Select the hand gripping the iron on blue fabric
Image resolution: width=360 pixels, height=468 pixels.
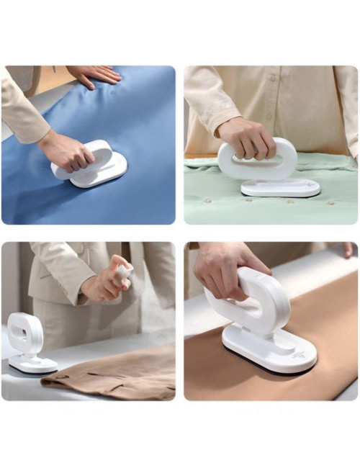click(x=65, y=150)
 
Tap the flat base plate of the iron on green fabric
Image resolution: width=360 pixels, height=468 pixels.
click(x=280, y=189)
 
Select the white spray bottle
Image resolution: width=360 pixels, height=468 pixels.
click(x=123, y=273)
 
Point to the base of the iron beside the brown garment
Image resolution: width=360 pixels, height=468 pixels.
click(x=32, y=366)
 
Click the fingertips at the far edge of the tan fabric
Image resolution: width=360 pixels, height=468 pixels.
click(x=348, y=249)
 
